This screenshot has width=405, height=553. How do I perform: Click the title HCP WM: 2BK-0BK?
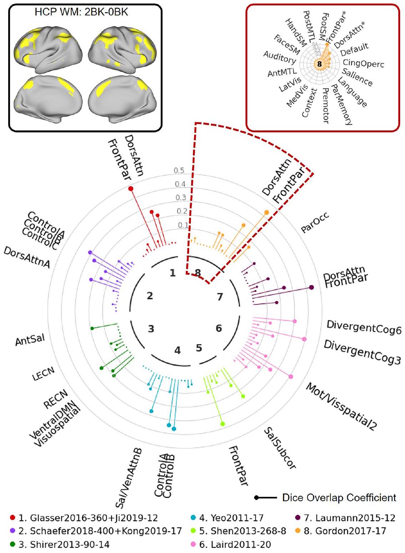(81, 12)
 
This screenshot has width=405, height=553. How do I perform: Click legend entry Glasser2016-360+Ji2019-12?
(93, 518)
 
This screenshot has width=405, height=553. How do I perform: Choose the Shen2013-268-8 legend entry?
(247, 531)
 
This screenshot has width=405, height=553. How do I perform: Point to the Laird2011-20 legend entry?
(241, 544)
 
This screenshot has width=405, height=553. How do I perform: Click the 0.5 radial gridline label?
(179, 171)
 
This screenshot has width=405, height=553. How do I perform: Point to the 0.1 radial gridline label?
(183, 225)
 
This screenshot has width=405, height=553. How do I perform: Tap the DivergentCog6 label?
(364, 327)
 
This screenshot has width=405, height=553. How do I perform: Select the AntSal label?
(30, 340)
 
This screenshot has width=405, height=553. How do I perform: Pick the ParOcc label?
(314, 222)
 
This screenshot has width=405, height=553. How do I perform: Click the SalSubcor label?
(280, 448)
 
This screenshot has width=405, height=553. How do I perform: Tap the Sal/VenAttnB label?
(129, 478)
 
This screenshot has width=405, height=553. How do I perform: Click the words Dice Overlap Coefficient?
(339, 498)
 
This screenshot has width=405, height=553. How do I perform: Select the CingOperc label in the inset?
(363, 64)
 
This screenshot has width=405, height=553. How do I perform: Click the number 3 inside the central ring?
(151, 329)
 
